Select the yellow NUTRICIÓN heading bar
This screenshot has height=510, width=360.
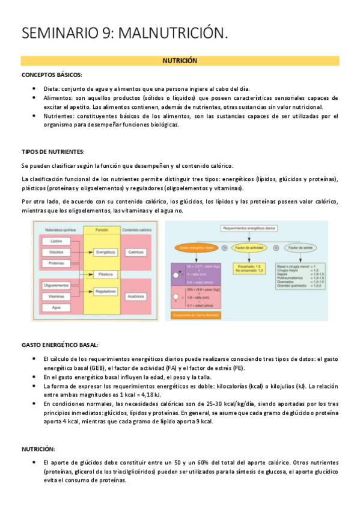[180, 61]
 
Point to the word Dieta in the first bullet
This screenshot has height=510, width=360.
[52, 88]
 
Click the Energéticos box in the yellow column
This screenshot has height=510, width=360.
[106, 252]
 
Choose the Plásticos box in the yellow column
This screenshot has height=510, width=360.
[106, 274]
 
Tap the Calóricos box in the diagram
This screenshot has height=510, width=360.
[136, 252]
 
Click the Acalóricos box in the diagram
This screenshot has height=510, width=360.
[136, 296]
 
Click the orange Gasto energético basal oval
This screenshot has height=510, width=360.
[194, 247]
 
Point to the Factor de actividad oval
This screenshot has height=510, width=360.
[247, 247]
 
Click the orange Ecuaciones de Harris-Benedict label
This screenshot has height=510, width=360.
[195, 314]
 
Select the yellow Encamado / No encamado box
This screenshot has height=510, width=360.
[247, 268]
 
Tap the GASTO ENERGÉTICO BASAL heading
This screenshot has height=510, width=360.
[60, 345]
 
